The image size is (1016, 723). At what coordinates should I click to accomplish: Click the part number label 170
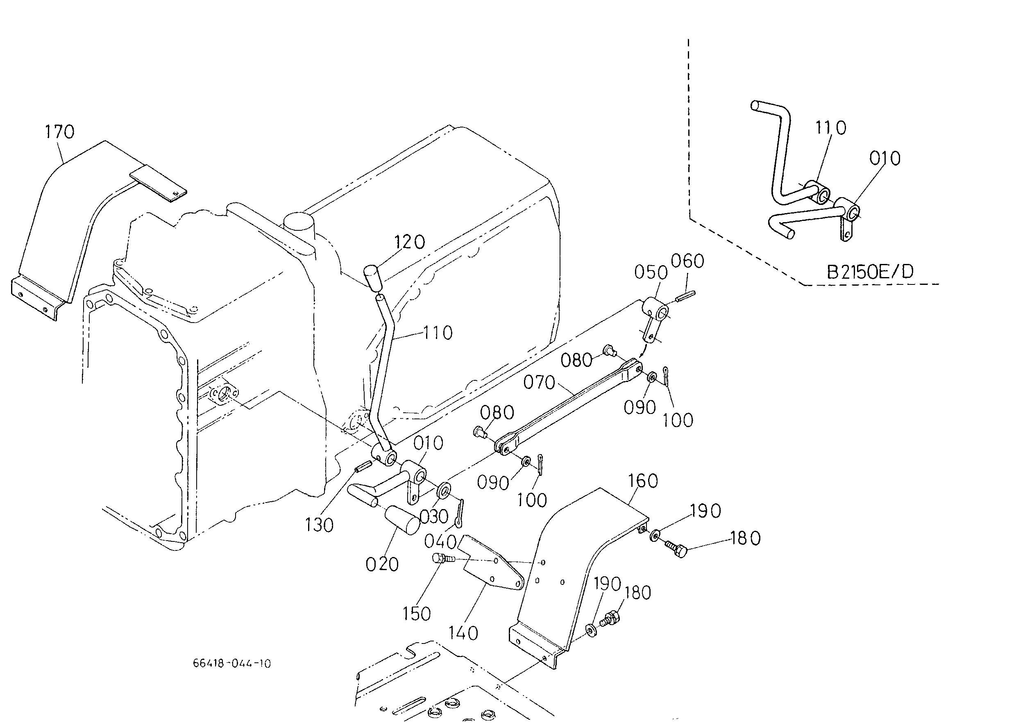tap(60, 132)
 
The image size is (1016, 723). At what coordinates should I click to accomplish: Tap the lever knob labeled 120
tap(372, 277)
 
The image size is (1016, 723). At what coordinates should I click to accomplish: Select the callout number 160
tap(643, 481)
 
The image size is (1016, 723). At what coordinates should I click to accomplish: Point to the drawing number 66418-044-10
tap(232, 663)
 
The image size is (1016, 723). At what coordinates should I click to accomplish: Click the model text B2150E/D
tap(870, 272)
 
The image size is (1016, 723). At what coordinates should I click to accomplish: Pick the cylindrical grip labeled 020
tap(401, 520)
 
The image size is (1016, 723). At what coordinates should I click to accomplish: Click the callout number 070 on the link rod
tap(539, 382)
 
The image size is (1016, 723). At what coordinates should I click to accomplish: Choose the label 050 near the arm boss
tap(651, 273)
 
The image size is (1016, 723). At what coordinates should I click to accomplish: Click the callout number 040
tap(440, 541)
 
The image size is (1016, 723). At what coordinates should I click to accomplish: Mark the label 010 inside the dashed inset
tap(885, 159)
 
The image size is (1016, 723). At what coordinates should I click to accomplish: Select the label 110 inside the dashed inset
tap(830, 128)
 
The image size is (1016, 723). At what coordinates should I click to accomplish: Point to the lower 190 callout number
tap(608, 583)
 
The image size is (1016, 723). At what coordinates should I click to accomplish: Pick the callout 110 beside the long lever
tap(438, 333)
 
